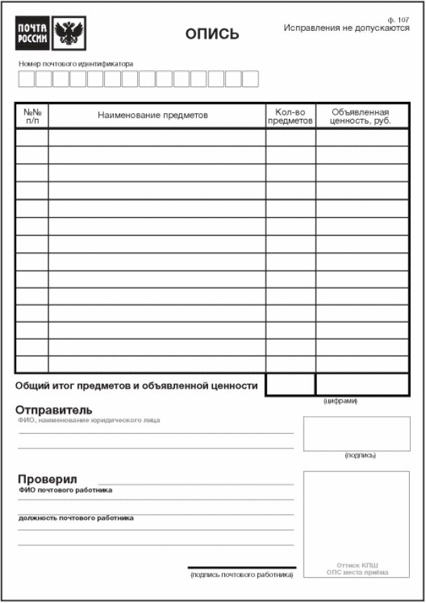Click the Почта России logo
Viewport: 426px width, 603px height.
(x=33, y=34)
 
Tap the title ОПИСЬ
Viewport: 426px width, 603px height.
(x=212, y=34)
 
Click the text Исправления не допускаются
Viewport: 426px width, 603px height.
(x=347, y=28)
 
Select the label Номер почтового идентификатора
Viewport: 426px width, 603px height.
(x=76, y=63)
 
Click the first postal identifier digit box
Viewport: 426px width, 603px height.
(x=26, y=79)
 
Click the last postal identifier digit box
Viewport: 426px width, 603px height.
(x=250, y=79)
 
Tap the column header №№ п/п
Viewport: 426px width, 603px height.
(x=32, y=116)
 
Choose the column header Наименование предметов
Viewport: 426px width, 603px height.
(x=153, y=115)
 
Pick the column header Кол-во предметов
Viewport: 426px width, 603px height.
(x=290, y=116)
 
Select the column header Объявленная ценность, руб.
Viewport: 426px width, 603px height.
(x=361, y=116)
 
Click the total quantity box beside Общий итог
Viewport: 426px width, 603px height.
(x=290, y=384)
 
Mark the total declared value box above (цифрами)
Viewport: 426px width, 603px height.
(x=362, y=384)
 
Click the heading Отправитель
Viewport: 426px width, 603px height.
(x=54, y=410)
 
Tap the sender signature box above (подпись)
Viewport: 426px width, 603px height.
(x=356, y=434)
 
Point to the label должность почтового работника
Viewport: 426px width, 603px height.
(x=76, y=518)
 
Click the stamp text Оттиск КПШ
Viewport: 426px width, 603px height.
(x=357, y=564)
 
